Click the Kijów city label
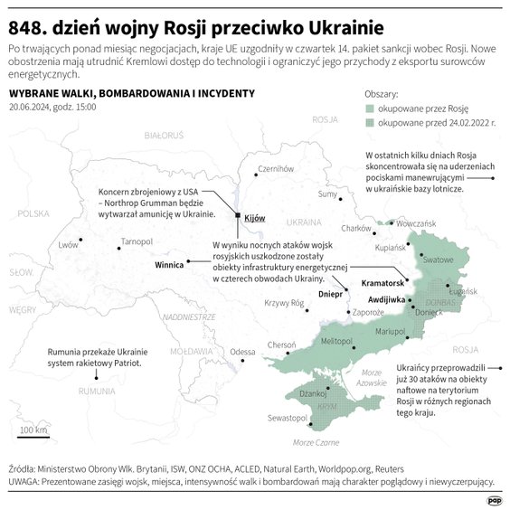pyautogui.click(x=253, y=218)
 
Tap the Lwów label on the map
pyautogui.click(x=67, y=245)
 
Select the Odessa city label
pyautogui.click(x=242, y=352)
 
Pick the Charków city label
pyautogui.click(x=356, y=229)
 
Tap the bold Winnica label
pyautogui.click(x=169, y=266)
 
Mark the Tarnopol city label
pyautogui.click(x=137, y=241)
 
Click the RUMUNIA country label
pyautogui.click(x=96, y=391)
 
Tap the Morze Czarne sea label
pyautogui.click(x=316, y=442)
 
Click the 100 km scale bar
pyautogui.click(x=33, y=435)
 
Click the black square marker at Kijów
pyautogui.click(x=238, y=216)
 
